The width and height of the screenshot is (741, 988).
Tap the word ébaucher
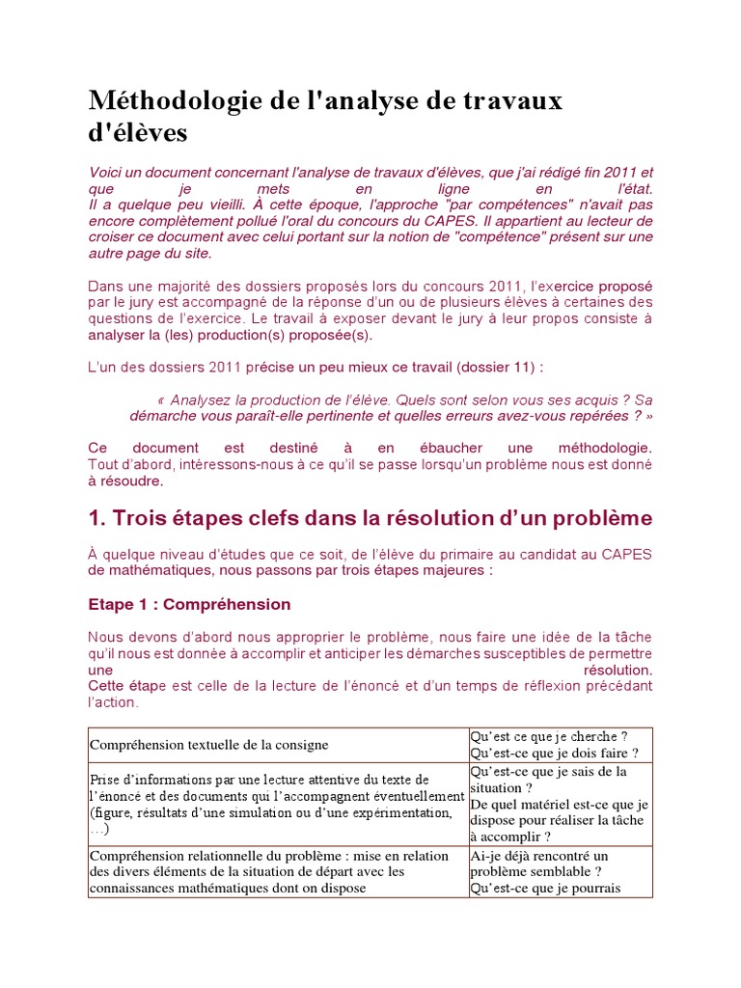coord(430,449)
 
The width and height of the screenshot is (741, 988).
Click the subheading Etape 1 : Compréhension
coord(189,605)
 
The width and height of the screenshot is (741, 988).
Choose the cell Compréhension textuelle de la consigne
coord(209,745)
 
